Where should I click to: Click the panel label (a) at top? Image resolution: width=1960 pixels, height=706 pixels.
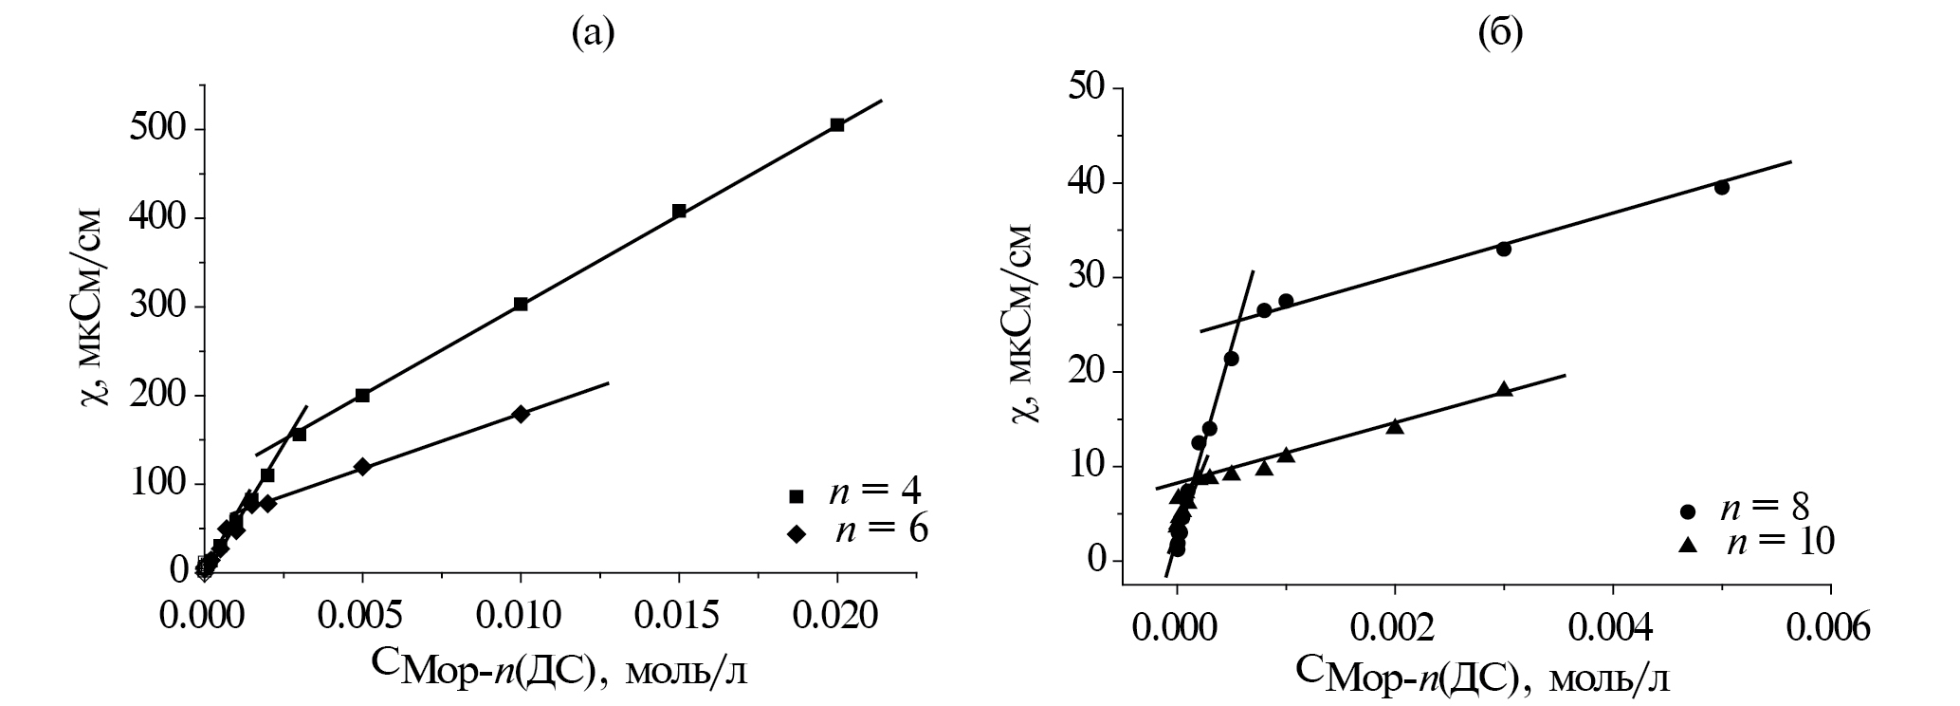(594, 34)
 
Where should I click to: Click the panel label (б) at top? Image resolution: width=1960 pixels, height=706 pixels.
(1500, 34)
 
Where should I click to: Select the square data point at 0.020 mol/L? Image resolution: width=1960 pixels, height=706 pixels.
(837, 125)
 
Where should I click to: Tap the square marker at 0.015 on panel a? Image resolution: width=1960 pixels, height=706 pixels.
(679, 211)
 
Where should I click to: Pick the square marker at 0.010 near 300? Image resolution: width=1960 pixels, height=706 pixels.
(521, 304)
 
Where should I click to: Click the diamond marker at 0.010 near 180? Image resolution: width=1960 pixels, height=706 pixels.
(521, 414)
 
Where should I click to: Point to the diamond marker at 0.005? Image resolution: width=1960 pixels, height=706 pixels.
(362, 467)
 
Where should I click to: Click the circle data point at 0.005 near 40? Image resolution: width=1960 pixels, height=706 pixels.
(1722, 188)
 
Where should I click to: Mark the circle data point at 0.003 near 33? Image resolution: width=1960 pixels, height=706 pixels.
(1503, 249)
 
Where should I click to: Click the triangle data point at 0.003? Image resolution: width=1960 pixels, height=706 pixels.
(1504, 388)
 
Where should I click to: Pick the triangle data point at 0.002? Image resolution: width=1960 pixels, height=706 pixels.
(1395, 426)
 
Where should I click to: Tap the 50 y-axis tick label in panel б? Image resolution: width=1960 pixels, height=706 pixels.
(1089, 86)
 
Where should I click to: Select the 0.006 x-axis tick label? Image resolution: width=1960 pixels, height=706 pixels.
(1830, 627)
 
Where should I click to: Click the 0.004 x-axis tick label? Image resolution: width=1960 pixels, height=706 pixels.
(1613, 627)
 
